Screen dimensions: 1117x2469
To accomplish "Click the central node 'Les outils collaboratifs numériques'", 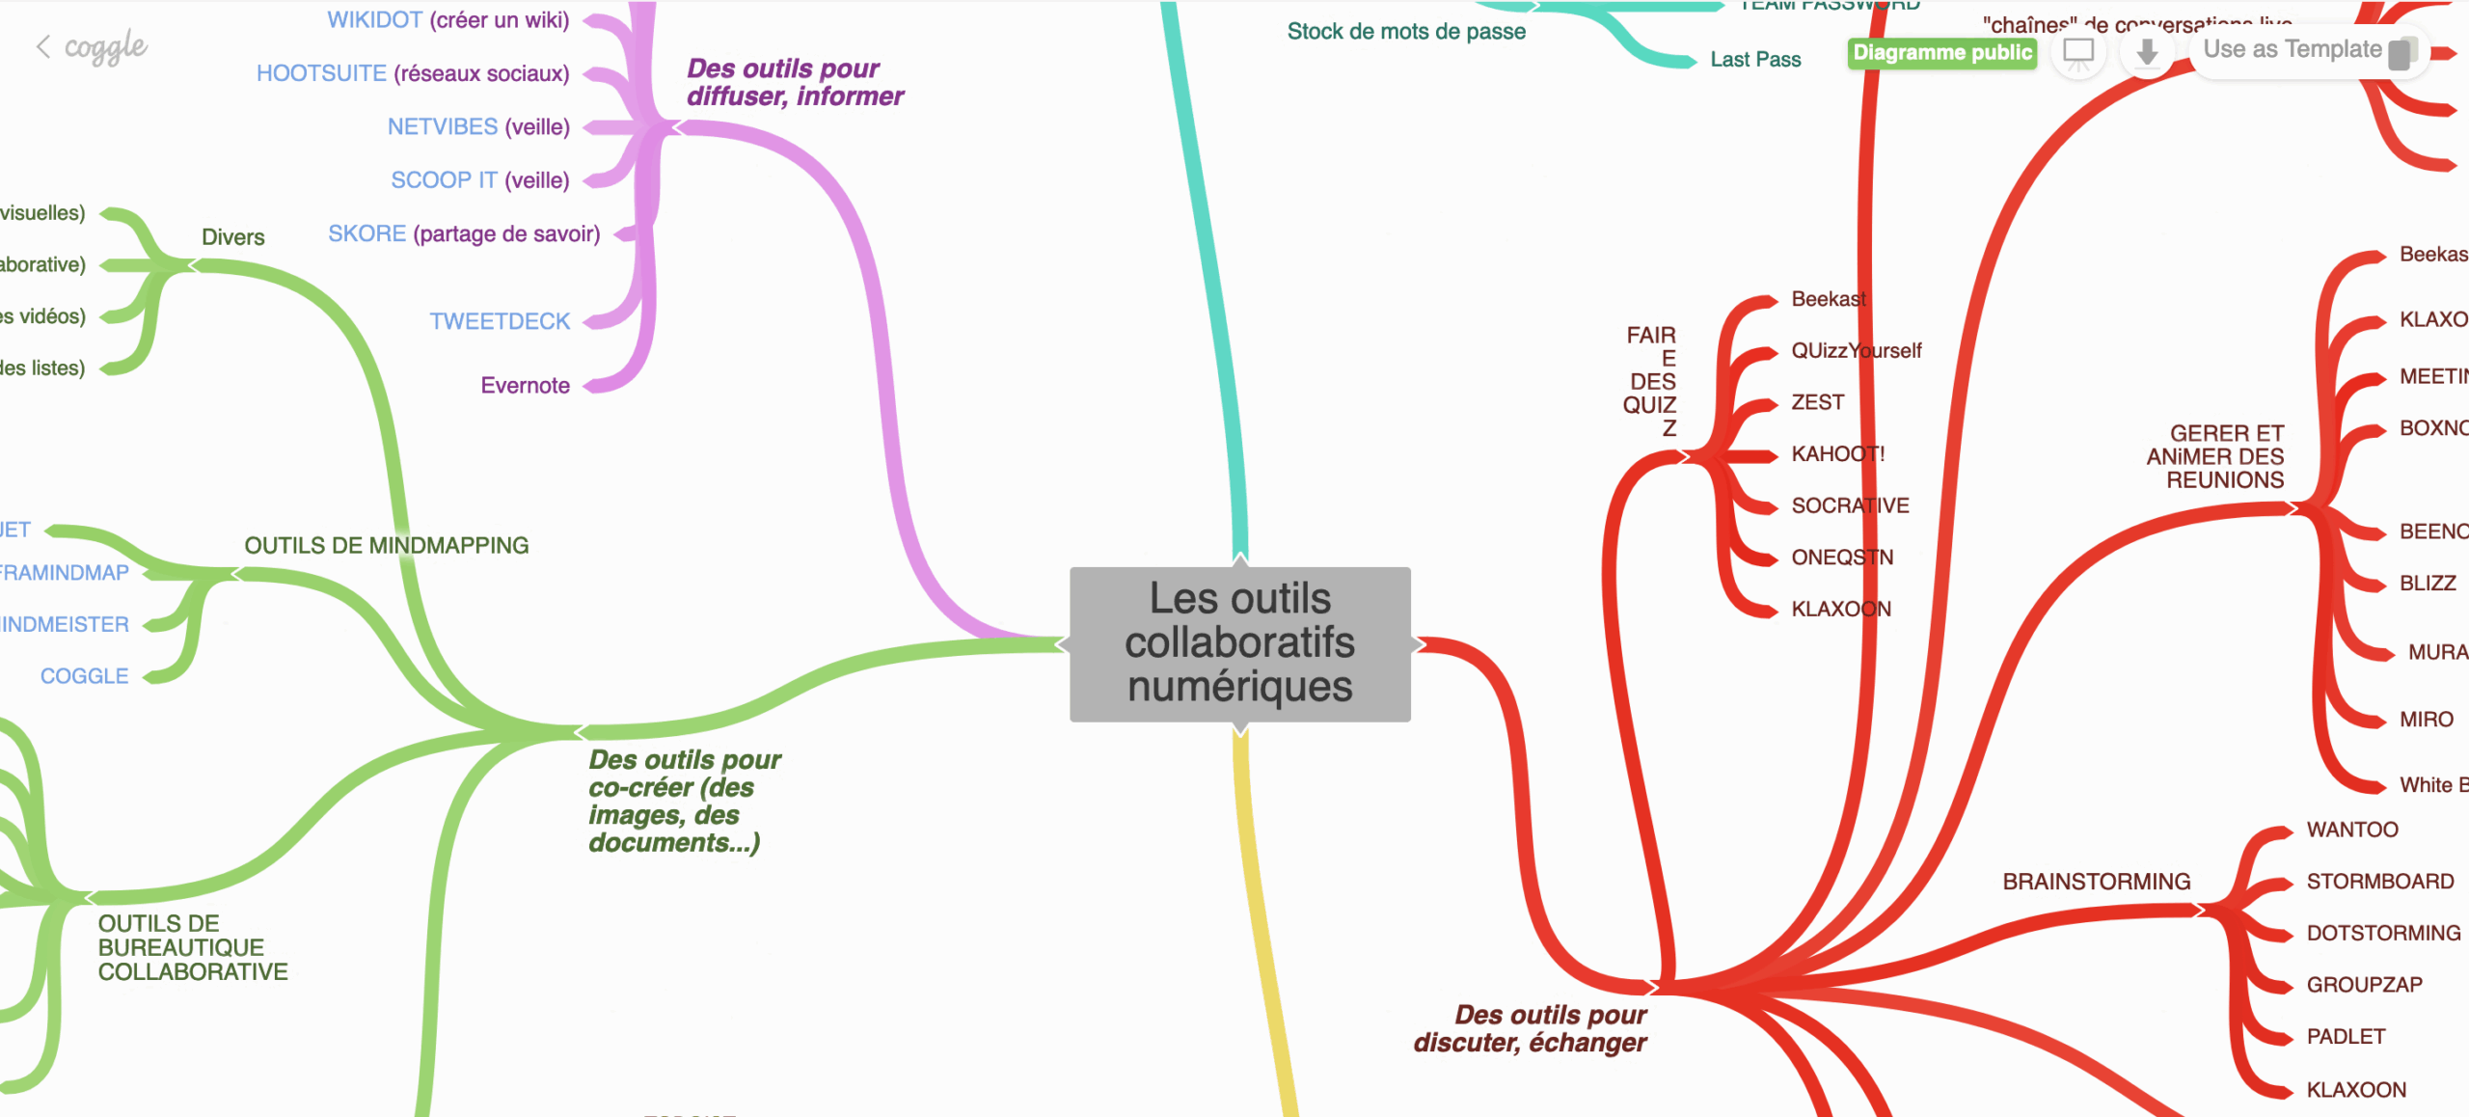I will click(1239, 643).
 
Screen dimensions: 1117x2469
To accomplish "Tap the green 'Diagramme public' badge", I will click(1941, 52).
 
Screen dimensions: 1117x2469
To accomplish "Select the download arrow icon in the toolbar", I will click(2146, 52).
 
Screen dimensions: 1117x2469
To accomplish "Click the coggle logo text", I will click(105, 46).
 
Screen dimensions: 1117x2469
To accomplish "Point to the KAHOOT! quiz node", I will click(1837, 453).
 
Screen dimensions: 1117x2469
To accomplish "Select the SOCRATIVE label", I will click(1850, 505).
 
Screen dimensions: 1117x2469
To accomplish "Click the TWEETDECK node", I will click(500, 321).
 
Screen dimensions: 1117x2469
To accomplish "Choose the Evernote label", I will click(525, 386).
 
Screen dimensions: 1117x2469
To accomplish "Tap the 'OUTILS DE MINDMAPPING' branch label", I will click(386, 546).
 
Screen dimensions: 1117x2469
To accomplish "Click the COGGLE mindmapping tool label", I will click(85, 676).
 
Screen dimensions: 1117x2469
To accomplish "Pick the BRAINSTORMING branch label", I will click(2096, 882).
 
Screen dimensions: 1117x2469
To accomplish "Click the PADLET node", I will click(2346, 1037).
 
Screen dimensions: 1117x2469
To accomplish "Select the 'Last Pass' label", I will click(1755, 60).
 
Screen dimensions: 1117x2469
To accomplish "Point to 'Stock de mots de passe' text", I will click(1406, 32).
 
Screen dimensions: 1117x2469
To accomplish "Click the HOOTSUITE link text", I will click(321, 73).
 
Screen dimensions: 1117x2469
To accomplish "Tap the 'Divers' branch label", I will click(232, 237).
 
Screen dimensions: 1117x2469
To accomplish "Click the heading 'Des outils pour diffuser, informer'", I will click(794, 82).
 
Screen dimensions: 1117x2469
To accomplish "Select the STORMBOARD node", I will click(2379, 882).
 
